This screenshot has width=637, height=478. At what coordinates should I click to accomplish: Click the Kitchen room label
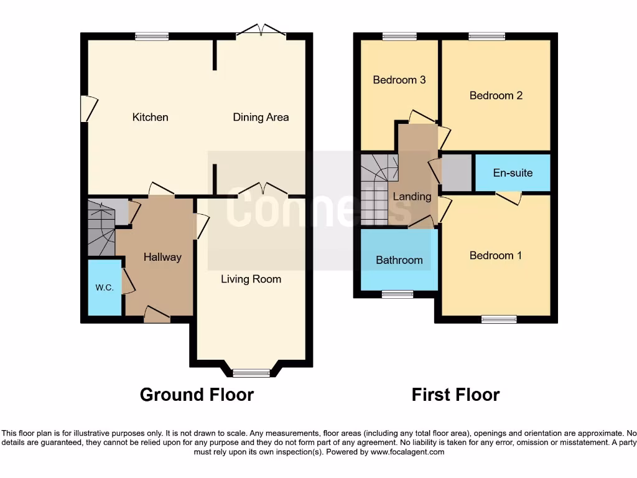click(150, 117)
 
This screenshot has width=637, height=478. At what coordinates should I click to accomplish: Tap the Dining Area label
click(261, 117)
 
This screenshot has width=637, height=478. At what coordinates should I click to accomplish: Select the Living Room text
click(251, 279)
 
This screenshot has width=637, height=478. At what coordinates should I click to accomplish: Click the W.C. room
click(104, 288)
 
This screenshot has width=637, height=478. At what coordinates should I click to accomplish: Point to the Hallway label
click(162, 256)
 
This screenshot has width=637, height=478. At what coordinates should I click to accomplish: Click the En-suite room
click(513, 172)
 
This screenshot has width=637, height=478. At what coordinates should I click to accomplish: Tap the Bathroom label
click(399, 260)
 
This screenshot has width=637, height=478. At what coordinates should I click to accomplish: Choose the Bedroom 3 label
click(399, 80)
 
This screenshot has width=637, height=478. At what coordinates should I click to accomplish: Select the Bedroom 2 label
click(496, 95)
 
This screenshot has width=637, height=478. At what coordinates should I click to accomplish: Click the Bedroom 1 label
click(496, 255)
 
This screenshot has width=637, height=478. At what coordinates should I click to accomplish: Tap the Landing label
click(412, 197)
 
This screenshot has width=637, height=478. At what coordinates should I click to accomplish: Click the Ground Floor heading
click(197, 395)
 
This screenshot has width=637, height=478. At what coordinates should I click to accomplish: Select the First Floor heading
click(455, 395)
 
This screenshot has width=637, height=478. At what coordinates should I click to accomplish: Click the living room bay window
click(251, 373)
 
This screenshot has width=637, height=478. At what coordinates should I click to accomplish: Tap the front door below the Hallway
click(157, 315)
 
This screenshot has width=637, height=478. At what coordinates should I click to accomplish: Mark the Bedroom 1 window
click(499, 319)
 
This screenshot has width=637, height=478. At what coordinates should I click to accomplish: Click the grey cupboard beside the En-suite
click(457, 173)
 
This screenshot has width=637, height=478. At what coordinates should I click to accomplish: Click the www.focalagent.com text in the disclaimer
click(408, 452)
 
